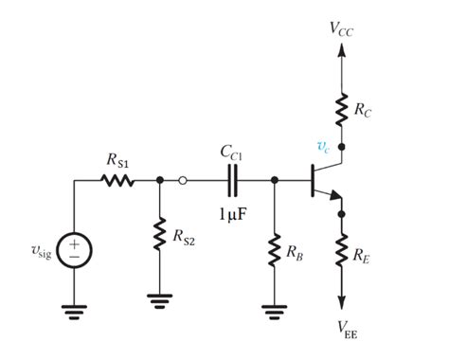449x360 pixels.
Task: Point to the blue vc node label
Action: [x=323, y=146]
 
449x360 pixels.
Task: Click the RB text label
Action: [x=295, y=252]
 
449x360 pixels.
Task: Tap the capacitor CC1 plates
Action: [x=230, y=179]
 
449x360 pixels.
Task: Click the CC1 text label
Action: [x=231, y=151]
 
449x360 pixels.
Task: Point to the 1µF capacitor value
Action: [x=231, y=215]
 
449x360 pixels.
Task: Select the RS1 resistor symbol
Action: [x=118, y=179]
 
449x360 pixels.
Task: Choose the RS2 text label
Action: [x=183, y=234]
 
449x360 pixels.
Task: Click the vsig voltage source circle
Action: [x=74, y=249]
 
